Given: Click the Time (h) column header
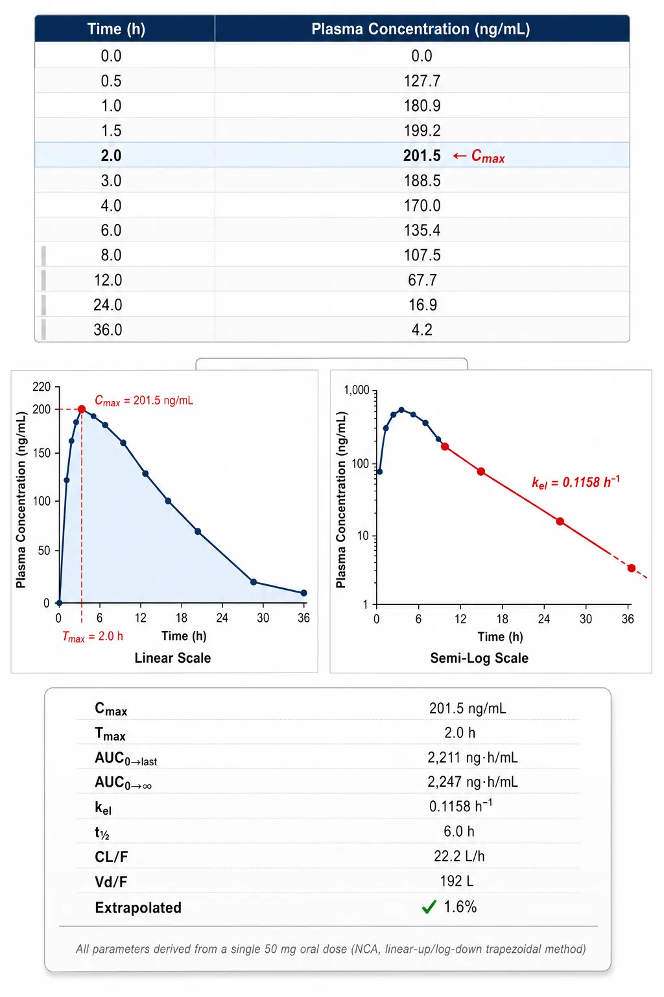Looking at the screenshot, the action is pyautogui.click(x=116, y=29).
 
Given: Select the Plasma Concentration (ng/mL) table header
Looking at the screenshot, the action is pyautogui.click(x=421, y=29).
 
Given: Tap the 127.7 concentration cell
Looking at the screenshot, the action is pyautogui.click(x=422, y=81).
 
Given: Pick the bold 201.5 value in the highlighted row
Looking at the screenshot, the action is pyautogui.click(x=422, y=155).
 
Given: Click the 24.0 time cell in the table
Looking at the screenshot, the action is pyautogui.click(x=108, y=305).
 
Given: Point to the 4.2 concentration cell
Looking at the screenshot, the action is pyautogui.click(x=421, y=330).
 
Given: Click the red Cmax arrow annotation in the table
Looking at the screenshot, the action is pyautogui.click(x=479, y=156).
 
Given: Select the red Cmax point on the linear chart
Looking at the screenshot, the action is pyautogui.click(x=82, y=409).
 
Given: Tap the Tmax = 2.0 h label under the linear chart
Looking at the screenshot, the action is pyautogui.click(x=93, y=637).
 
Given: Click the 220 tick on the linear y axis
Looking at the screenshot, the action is pyautogui.click(x=41, y=387).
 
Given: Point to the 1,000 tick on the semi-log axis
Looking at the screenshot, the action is pyautogui.click(x=357, y=390).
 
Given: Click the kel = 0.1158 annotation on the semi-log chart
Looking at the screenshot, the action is pyautogui.click(x=576, y=482).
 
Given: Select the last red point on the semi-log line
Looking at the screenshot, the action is pyautogui.click(x=632, y=568).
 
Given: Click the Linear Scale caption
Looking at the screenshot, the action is pyautogui.click(x=172, y=658).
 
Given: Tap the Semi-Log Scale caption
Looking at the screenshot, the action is pyautogui.click(x=479, y=658).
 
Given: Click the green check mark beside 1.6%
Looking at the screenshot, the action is pyautogui.click(x=429, y=907).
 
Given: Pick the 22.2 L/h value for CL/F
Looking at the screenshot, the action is pyautogui.click(x=460, y=856).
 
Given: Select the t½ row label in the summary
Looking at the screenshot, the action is pyautogui.click(x=102, y=832).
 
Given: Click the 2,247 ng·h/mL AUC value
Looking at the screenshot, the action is pyautogui.click(x=473, y=782).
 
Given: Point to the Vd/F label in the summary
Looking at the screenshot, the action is pyautogui.click(x=111, y=881).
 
